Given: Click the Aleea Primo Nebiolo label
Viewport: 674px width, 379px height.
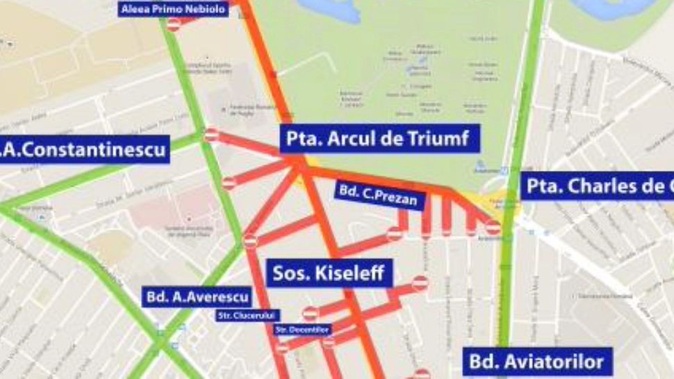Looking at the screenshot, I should click(174, 9).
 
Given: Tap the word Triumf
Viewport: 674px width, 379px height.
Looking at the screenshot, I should click(445, 140).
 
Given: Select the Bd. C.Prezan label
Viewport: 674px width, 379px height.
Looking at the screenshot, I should click(379, 195).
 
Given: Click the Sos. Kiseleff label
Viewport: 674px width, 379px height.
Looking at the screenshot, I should click(329, 273).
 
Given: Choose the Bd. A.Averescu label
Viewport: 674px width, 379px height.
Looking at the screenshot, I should click(197, 298).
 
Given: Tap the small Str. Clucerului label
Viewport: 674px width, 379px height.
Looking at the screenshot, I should click(247, 315).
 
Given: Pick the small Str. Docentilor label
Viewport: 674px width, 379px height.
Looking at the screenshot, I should click(303, 329).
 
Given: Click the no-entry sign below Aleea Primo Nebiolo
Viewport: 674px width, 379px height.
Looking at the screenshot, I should click(173, 24).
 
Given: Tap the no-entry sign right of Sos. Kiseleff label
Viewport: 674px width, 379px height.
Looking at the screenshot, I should click(420, 283).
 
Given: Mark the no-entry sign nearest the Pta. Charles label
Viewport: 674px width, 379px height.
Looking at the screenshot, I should click(493, 226).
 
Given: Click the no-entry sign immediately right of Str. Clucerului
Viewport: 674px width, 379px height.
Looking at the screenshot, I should click(310, 314).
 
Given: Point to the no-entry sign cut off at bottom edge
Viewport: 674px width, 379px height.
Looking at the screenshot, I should click(422, 375).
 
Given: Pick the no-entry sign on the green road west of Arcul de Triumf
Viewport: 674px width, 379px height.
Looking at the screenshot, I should click(212, 135).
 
